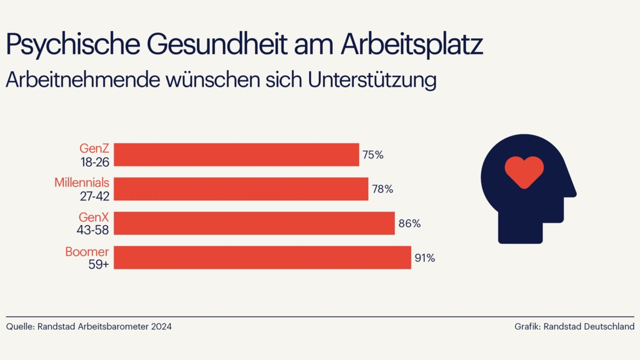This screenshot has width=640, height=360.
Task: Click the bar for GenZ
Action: click(236, 155)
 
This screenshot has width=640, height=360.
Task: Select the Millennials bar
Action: click(241, 189)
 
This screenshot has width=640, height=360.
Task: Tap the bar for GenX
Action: click(254, 223)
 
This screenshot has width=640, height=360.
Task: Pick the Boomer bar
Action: click(262, 258)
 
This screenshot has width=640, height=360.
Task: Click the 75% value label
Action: click(373, 155)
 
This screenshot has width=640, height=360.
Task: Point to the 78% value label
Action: click(382, 189)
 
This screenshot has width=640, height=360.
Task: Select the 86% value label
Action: click(410, 223)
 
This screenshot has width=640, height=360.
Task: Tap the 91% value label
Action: click(425, 258)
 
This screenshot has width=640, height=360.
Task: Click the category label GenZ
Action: click(94, 149)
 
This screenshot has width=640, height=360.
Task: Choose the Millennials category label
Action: click(82, 183)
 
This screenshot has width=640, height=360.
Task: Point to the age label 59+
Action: click(99, 264)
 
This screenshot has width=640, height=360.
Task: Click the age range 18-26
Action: click(94, 162)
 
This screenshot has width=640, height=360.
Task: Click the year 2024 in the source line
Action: click(161, 326)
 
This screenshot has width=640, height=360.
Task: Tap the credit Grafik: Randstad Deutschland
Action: click(574, 326)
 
